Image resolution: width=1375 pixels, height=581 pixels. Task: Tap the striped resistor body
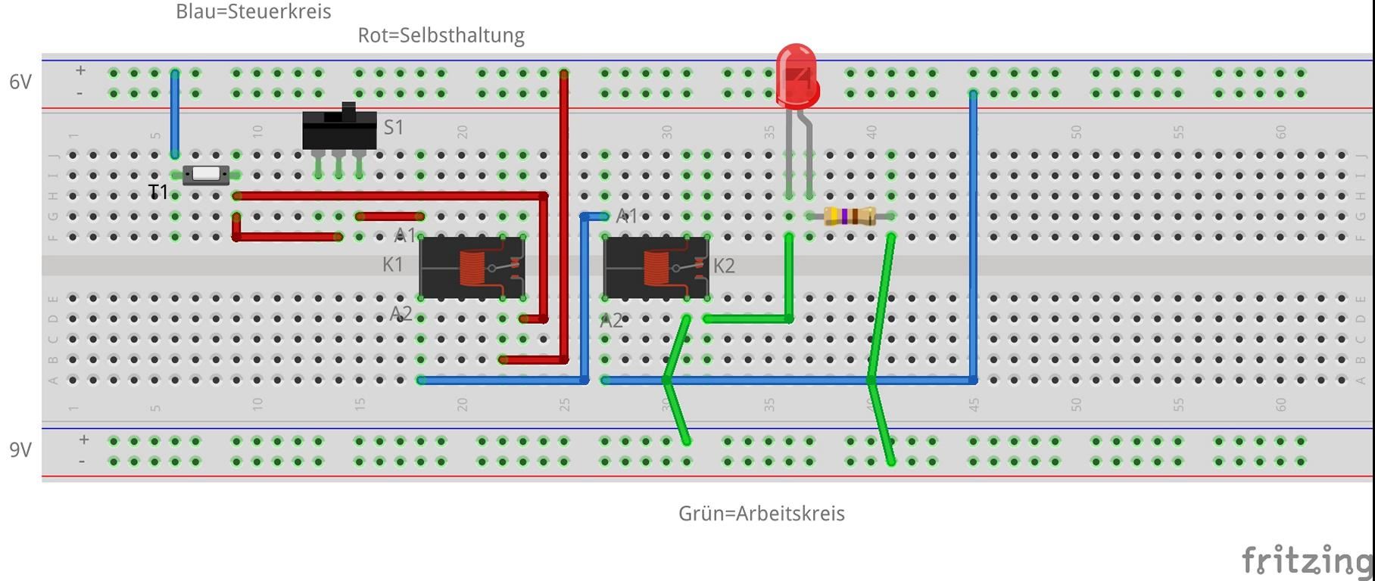pos(850,216)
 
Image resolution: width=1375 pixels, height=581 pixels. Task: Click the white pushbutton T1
pos(206,176)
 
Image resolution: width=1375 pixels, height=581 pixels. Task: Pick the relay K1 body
pos(472,268)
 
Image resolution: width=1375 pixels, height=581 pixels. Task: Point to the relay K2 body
pos(656,268)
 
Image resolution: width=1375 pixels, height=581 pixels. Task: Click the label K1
pos(392,265)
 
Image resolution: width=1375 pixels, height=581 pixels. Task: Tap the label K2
pos(724,266)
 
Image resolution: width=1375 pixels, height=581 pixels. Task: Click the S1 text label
pos(394,127)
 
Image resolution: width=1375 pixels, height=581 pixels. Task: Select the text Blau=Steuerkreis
pos(253,12)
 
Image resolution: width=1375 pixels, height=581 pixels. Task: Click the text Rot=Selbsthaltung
pos(441,36)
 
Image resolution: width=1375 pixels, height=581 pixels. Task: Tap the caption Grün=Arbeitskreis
pos(761,514)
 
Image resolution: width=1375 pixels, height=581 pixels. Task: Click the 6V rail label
pos(20,82)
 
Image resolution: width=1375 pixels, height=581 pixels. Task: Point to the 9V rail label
pos(20,450)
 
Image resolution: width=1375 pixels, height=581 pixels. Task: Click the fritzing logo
pos(1307,561)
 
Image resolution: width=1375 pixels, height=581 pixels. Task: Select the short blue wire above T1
pos(175,113)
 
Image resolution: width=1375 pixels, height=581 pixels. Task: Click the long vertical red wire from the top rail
pos(564,212)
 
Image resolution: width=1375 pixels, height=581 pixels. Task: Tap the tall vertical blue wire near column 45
pos(973,235)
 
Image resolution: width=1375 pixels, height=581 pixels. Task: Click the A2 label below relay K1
pos(401,313)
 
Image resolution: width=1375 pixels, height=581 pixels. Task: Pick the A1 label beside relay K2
pos(627,216)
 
